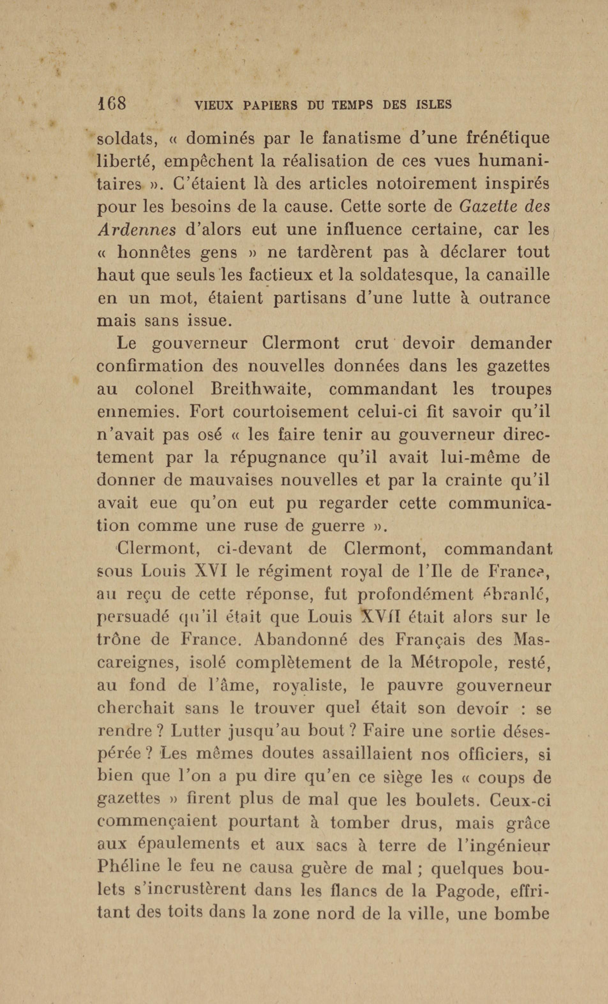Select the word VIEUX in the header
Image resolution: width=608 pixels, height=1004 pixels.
(x=214, y=106)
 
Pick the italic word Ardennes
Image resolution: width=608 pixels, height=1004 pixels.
(x=137, y=230)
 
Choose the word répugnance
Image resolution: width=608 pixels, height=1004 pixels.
(x=279, y=457)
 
